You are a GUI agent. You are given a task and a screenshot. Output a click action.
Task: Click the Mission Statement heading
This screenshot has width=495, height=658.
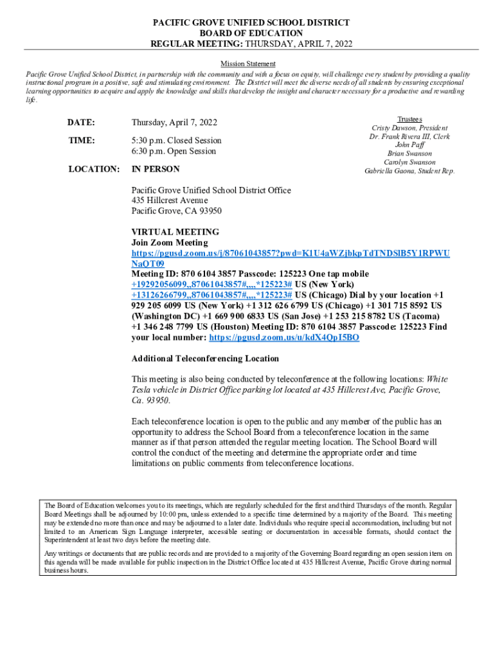tap(248, 64)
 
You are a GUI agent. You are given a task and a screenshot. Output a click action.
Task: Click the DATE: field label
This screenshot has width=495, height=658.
tap(81, 122)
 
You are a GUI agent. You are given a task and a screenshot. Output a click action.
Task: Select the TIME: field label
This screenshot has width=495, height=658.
tap(81, 140)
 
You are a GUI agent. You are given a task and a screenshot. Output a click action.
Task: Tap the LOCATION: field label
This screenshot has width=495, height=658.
tap(93, 169)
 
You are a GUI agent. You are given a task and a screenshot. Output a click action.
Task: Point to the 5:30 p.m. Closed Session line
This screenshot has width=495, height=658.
tap(176, 140)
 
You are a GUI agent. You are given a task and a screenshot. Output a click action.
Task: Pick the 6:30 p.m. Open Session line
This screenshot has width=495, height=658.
tap(174, 151)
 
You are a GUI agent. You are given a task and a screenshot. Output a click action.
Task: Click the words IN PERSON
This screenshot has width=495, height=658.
tap(156, 169)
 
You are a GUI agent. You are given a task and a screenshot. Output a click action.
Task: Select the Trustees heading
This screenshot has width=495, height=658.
tap(410, 120)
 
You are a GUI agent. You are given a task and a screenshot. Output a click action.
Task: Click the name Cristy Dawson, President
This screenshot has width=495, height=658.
tap(410, 128)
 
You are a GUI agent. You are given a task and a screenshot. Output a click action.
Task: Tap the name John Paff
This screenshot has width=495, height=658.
tap(410, 145)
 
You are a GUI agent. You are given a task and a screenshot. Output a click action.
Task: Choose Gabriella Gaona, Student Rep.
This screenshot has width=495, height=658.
tap(410, 171)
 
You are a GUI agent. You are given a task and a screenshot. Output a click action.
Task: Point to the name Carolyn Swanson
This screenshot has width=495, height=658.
tap(410, 163)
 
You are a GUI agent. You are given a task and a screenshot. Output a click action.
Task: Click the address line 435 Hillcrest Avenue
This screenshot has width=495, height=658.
tap(170, 200)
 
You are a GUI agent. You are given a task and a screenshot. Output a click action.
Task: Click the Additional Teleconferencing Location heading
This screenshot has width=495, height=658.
tap(205, 359)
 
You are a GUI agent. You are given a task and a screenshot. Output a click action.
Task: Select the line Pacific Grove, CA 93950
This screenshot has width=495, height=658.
tap(176, 211)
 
